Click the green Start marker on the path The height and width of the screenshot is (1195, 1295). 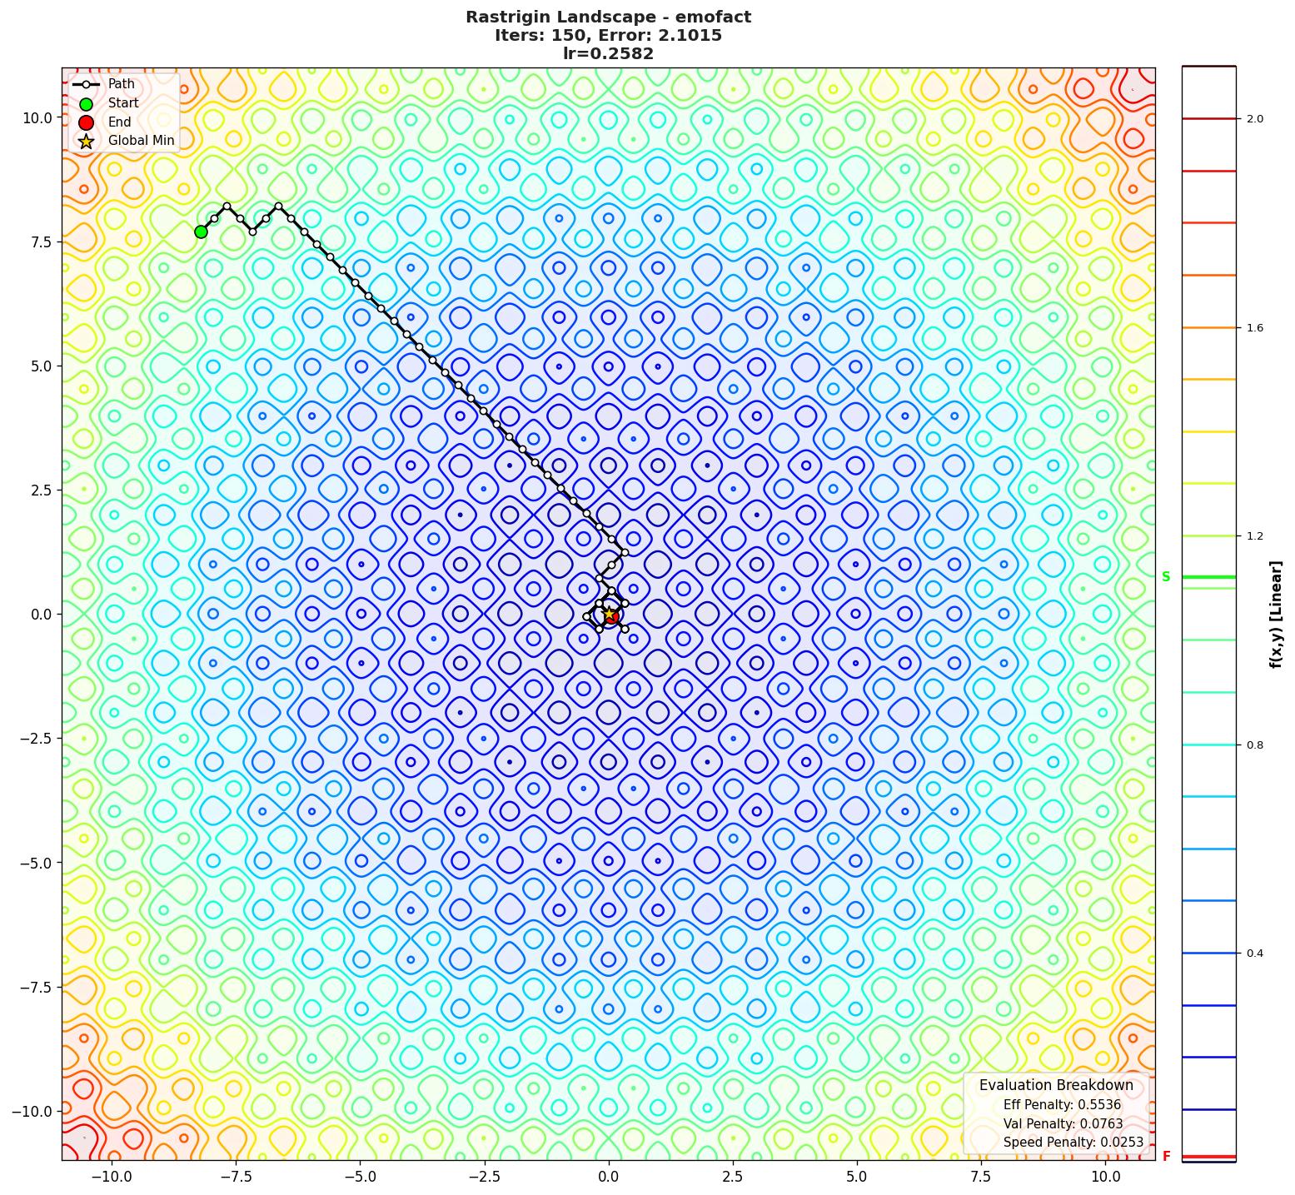tap(201, 232)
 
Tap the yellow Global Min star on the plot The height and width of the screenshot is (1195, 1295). tap(609, 614)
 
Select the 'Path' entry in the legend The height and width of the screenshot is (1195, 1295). tap(121, 84)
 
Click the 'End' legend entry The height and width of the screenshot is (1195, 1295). tap(119, 122)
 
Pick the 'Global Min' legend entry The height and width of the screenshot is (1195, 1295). tap(141, 141)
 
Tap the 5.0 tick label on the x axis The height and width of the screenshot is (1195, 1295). tap(857, 1177)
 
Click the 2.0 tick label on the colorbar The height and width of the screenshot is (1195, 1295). tap(1254, 119)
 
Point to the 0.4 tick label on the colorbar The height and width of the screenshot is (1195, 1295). tap(1254, 954)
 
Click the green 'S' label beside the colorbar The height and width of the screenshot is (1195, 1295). tap(1166, 577)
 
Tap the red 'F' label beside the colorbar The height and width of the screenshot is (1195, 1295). tap(1166, 1157)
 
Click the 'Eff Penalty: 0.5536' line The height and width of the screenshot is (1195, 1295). tap(1062, 1105)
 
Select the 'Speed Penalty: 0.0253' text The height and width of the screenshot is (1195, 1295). tap(1073, 1143)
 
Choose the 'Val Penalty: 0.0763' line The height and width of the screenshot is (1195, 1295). tap(1063, 1124)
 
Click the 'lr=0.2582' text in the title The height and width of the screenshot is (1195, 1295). tap(608, 54)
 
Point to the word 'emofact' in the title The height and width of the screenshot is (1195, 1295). tap(713, 17)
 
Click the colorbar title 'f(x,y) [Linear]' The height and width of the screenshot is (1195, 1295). tap(1275, 615)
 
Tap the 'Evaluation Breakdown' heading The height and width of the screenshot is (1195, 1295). tap(1056, 1085)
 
